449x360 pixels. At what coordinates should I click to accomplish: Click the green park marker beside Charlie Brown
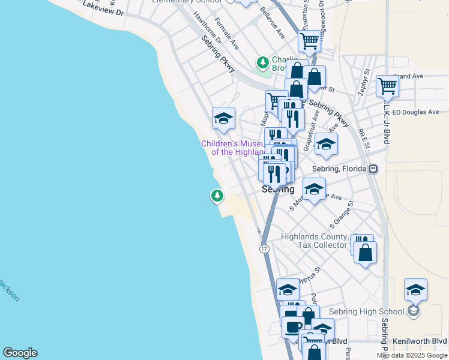(x=262, y=62)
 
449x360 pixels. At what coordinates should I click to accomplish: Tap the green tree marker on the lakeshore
(x=217, y=195)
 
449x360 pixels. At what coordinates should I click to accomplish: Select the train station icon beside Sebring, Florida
(x=373, y=169)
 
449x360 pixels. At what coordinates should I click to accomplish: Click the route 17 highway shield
(x=264, y=248)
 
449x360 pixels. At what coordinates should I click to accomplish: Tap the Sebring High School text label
(x=367, y=311)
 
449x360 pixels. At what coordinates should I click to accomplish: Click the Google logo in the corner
(x=20, y=353)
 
